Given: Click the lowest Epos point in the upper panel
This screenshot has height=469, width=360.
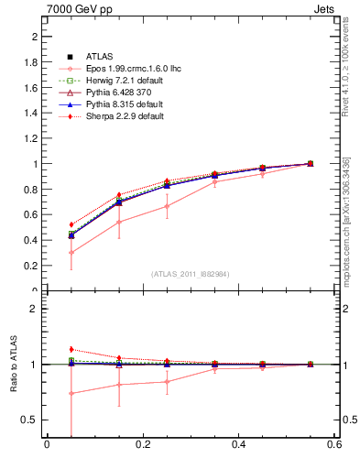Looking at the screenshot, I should click(71, 253).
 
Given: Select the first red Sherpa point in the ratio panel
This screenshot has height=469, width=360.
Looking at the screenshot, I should click(71, 349).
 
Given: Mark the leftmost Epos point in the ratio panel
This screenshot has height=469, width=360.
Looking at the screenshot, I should click(71, 394).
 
